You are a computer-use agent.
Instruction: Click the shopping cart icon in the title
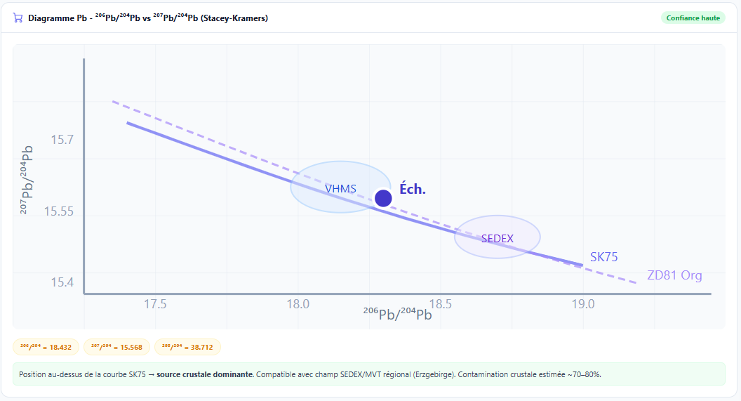(x=18, y=18)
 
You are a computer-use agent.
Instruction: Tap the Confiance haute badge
(x=693, y=18)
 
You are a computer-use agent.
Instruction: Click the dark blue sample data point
(x=383, y=198)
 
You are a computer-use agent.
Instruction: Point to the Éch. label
(x=413, y=189)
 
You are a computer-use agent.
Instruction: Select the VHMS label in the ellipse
(x=340, y=189)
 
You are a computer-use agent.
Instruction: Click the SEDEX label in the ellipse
(x=498, y=239)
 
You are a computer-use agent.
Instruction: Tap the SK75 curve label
(x=603, y=257)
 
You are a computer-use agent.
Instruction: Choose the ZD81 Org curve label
(x=674, y=275)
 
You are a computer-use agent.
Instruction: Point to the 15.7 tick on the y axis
(x=62, y=140)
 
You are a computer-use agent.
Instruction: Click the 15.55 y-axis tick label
(x=59, y=211)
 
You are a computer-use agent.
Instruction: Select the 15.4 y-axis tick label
(x=62, y=282)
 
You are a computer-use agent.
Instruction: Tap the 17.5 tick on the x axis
(x=155, y=304)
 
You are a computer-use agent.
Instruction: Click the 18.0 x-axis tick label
(x=298, y=304)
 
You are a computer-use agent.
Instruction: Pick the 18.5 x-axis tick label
(x=440, y=304)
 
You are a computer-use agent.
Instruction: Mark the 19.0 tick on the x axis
(x=582, y=304)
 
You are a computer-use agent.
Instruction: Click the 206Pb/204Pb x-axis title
(x=397, y=314)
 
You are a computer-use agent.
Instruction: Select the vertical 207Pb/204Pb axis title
(x=27, y=179)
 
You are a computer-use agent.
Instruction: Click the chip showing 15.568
(x=116, y=347)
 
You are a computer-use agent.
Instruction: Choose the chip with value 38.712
(x=187, y=347)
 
